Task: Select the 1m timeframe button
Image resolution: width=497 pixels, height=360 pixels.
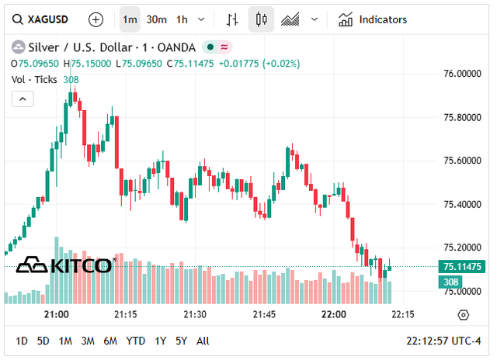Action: (130, 19)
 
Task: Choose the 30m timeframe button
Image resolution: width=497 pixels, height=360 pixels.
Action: (156, 19)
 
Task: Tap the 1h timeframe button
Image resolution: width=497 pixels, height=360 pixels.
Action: (182, 19)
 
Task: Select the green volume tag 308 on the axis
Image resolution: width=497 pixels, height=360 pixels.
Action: (451, 282)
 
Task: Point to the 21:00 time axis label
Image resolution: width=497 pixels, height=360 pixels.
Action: (57, 314)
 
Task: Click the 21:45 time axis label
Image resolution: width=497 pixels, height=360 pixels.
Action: (265, 314)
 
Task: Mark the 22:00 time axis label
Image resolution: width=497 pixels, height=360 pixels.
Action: (334, 314)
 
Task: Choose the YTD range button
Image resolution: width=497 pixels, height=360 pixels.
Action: (136, 341)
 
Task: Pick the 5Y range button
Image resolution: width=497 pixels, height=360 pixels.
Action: (181, 341)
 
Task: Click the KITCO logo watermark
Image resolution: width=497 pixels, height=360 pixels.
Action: (64, 265)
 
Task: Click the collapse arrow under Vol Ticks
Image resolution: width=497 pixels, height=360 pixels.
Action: (23, 98)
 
